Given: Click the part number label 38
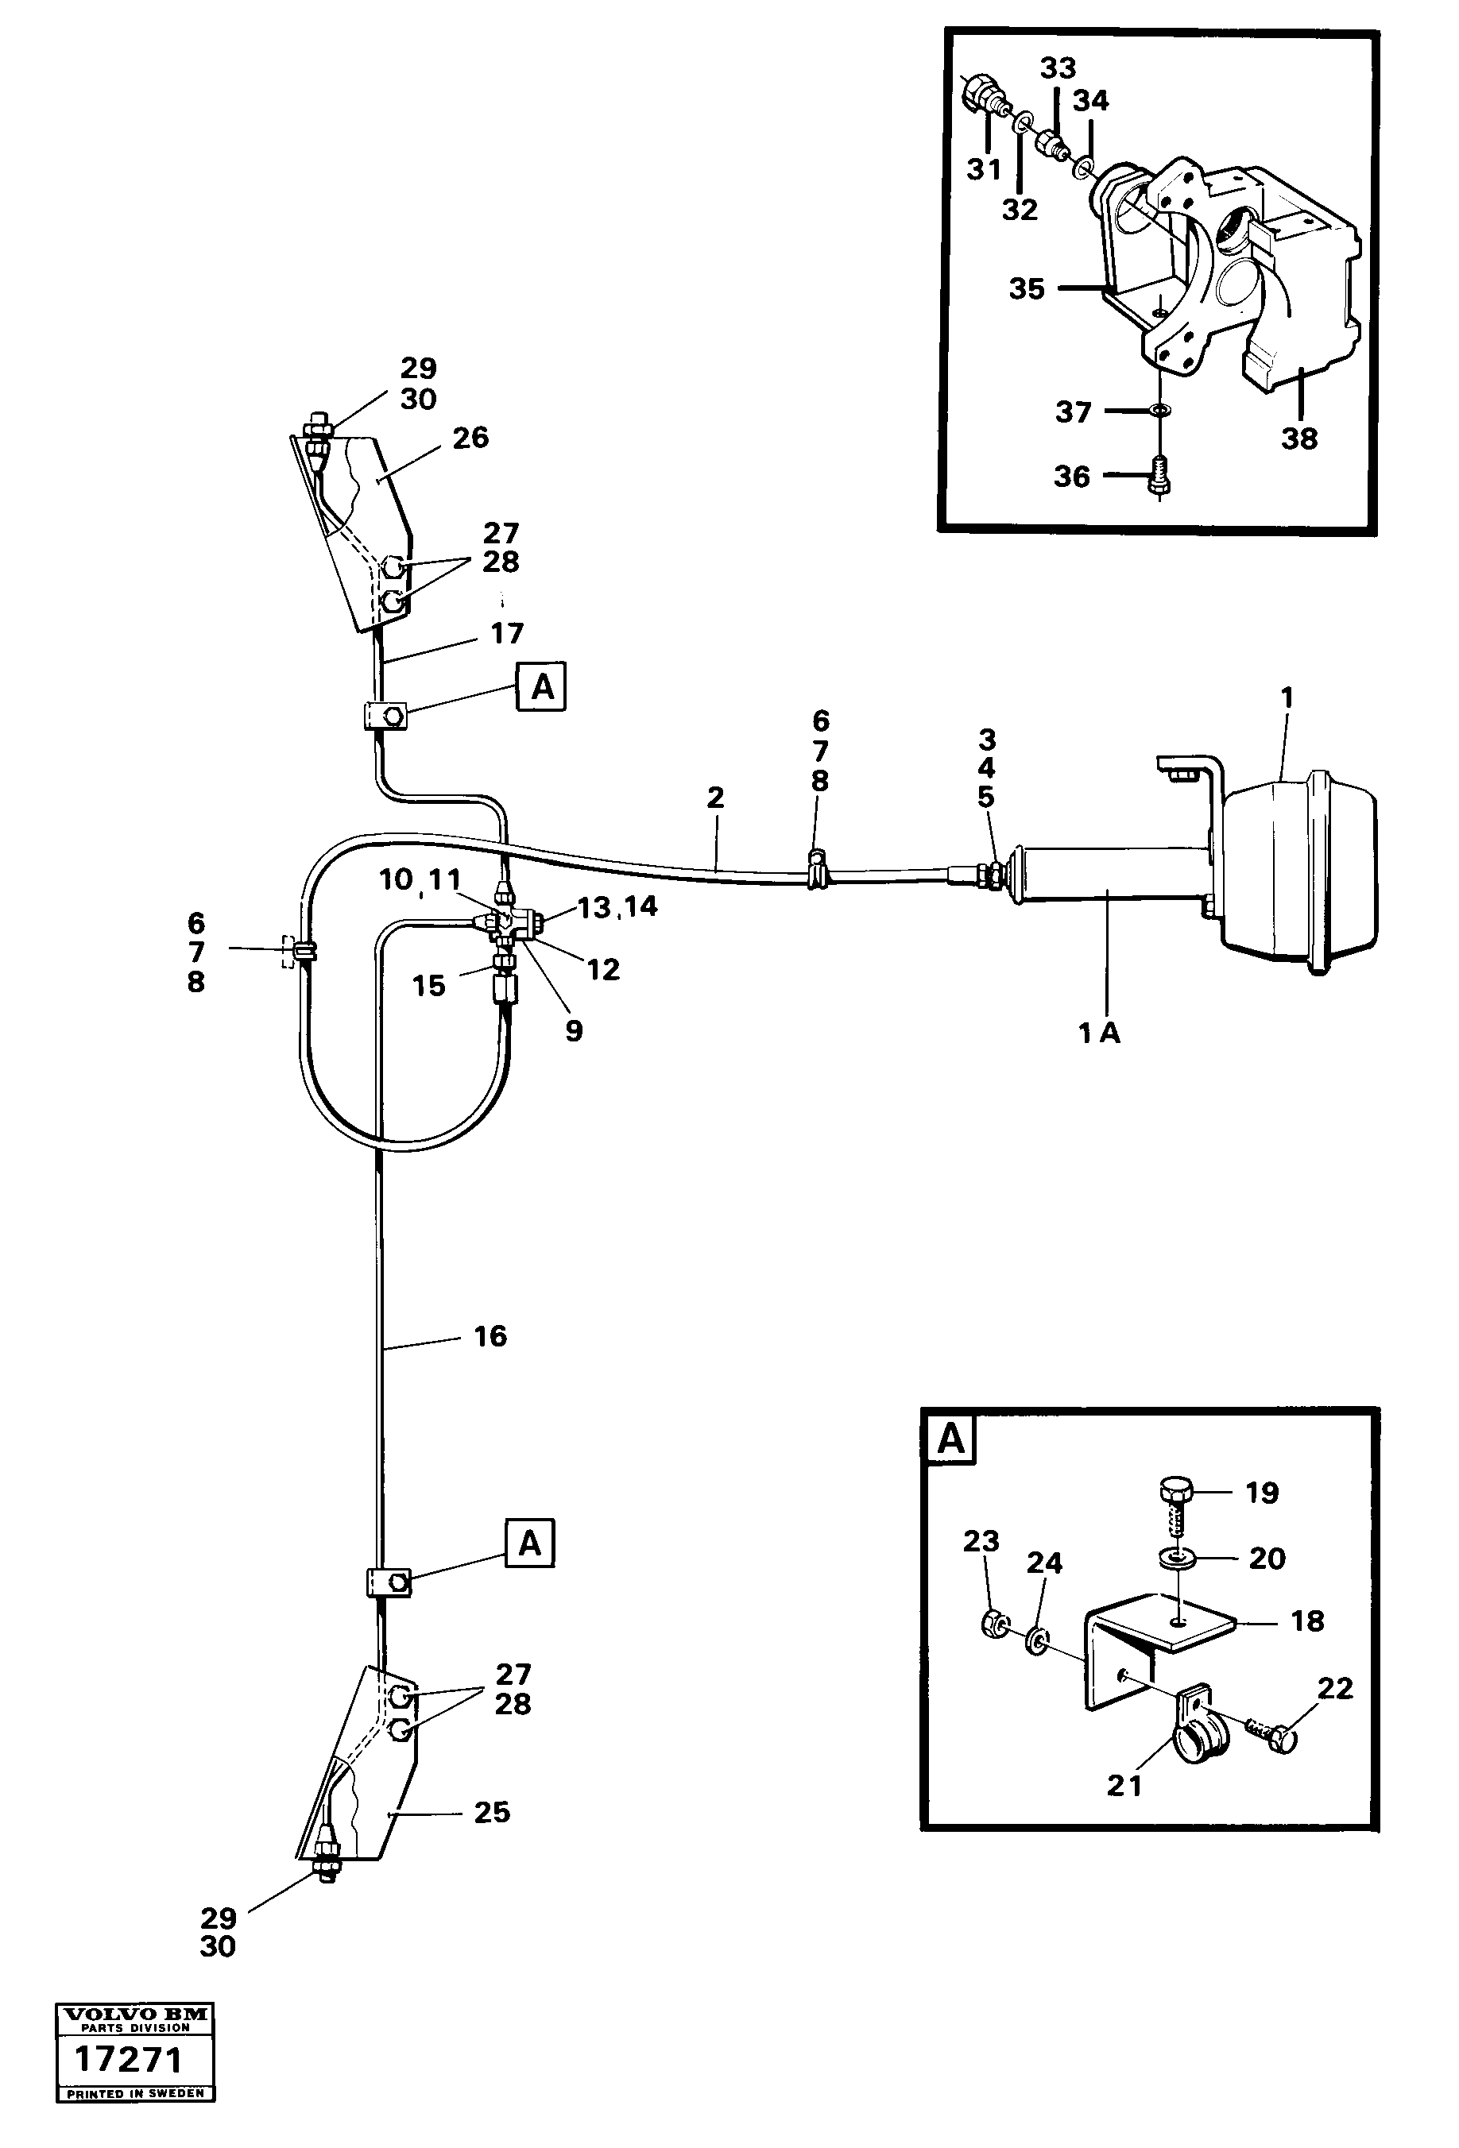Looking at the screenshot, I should coord(1298,438).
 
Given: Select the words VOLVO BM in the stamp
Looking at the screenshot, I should coord(135,2014).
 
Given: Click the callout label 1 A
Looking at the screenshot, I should coord(1098,1033).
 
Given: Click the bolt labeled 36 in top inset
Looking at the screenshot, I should coord(1157,473).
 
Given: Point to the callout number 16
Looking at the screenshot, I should coord(490,1335).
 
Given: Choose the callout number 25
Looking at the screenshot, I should coord(492,1813).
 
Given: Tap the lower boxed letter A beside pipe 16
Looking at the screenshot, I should coord(529,1543).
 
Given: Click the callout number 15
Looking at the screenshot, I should coord(428,985).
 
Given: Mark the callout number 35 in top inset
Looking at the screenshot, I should coord(1026,288).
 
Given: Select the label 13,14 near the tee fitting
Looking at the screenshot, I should coord(617,906).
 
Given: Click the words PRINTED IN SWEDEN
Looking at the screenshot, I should coord(135,2093).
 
